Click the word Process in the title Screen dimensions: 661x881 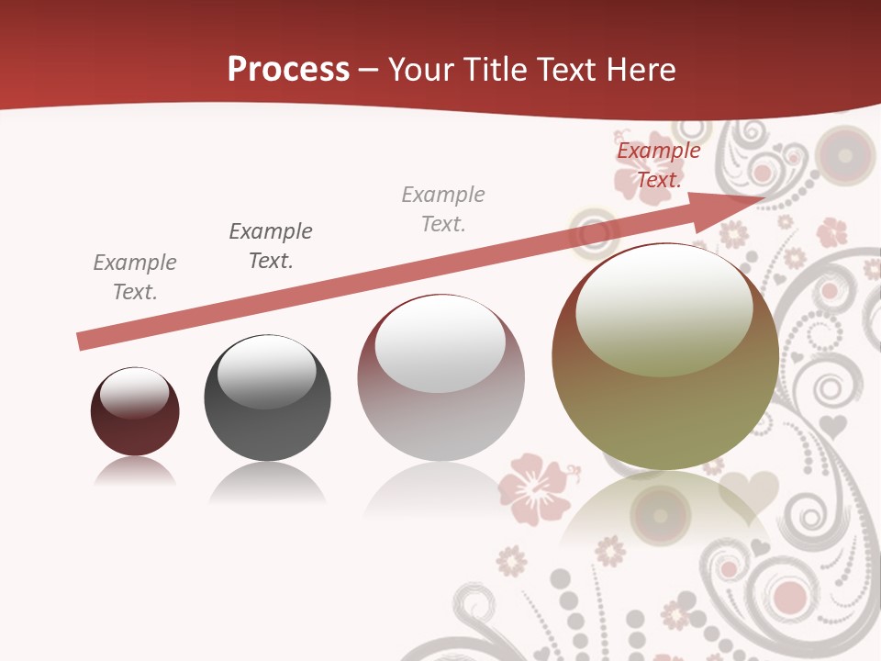[x=288, y=69]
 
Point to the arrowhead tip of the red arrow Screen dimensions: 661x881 [x=762, y=197]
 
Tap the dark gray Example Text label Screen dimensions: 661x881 [x=271, y=245]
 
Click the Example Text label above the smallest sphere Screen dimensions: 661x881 [x=135, y=277]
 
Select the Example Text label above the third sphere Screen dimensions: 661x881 [x=443, y=208]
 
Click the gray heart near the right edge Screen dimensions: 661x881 [x=832, y=425]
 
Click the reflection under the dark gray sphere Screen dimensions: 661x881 [x=267, y=482]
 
